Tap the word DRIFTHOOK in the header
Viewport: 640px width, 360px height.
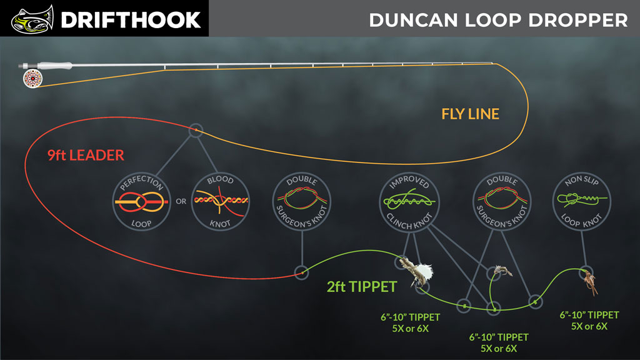pos(131,19)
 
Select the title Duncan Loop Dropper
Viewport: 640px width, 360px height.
pos(498,20)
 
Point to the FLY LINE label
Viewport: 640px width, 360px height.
pos(470,114)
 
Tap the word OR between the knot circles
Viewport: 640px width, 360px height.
pos(180,201)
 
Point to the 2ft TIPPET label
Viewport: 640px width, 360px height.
pos(362,287)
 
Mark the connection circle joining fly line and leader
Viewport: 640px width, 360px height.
pos(196,130)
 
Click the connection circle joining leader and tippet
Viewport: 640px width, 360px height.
pos(301,272)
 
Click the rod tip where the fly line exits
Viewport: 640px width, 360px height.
pos(494,63)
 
